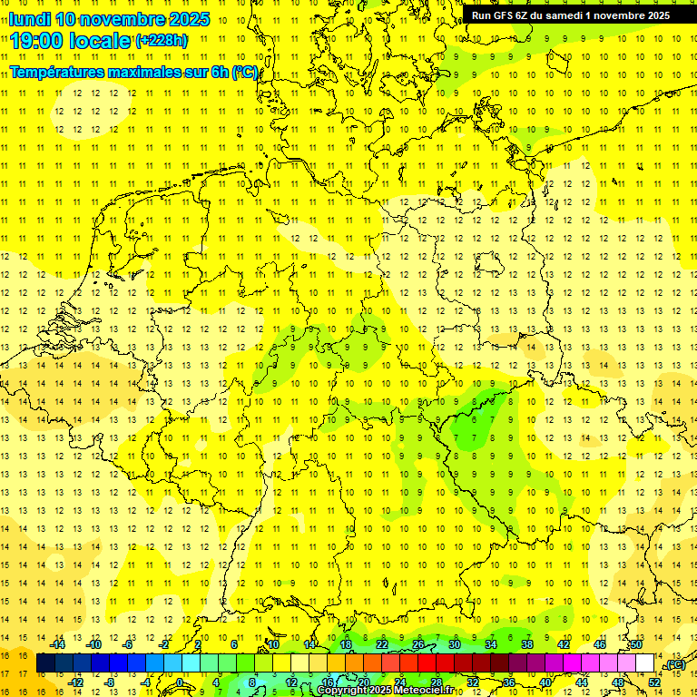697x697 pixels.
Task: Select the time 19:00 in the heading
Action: click(36, 41)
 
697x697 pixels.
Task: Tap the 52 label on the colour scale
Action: click(653, 682)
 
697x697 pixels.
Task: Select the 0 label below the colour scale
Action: click(180, 682)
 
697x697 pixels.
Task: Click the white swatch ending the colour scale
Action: click(645, 663)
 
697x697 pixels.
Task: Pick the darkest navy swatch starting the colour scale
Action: click(45, 663)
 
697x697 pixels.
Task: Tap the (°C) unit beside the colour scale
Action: click(673, 663)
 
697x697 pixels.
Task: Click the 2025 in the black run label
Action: click(653, 15)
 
